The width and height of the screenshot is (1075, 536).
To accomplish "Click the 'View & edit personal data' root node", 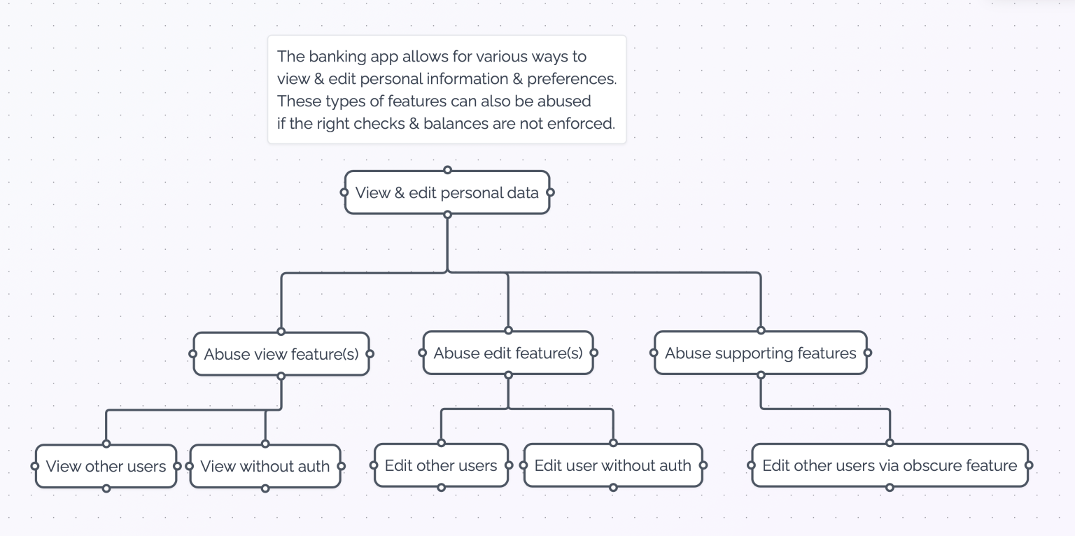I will coord(447,192).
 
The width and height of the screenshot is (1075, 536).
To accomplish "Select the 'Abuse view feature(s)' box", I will coord(281,354).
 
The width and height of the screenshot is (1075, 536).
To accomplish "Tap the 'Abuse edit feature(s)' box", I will coord(507,353).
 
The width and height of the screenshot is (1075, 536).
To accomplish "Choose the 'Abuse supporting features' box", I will coord(760,353).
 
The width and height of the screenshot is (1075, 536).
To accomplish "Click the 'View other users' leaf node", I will coord(106,466).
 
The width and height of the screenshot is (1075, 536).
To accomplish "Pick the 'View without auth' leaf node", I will coord(265,466).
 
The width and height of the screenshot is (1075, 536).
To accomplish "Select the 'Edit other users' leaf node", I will coord(441,465).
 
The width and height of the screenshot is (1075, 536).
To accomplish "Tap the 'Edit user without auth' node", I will coord(612,465).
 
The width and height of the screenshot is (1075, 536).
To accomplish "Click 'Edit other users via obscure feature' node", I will coord(889,465).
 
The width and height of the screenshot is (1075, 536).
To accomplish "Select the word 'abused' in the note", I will coord(564,101).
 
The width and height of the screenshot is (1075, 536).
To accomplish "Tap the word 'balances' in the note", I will coord(453,125).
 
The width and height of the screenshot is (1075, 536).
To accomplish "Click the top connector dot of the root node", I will coord(447,170).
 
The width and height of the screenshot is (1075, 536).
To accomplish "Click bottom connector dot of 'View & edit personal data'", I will coord(447,215).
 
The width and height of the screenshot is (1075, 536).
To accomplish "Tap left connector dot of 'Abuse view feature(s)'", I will coord(192,354).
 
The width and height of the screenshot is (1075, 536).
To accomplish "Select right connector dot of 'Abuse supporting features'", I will coord(868,353).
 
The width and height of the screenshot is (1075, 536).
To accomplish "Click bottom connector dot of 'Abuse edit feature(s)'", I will coord(508,375).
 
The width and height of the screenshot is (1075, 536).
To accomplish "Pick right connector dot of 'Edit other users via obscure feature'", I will coord(1029,465).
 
